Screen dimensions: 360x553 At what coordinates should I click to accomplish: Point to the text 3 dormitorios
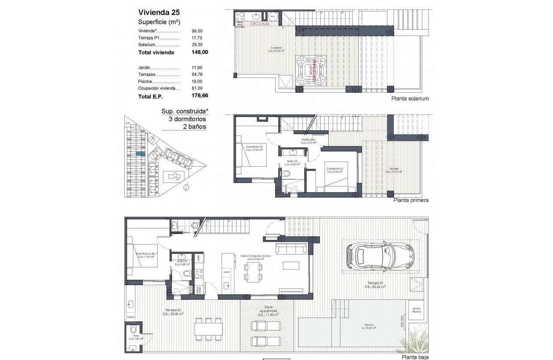(184, 119)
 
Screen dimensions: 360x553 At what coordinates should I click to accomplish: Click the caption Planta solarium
(410, 99)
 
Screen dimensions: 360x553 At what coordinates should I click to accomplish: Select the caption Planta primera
(411, 200)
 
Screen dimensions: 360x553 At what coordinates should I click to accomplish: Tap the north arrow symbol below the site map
(186, 187)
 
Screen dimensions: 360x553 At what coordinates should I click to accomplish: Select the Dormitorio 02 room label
(254, 148)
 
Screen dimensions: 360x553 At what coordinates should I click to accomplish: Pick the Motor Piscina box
(417, 310)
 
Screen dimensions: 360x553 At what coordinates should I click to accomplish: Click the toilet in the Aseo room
(133, 330)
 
